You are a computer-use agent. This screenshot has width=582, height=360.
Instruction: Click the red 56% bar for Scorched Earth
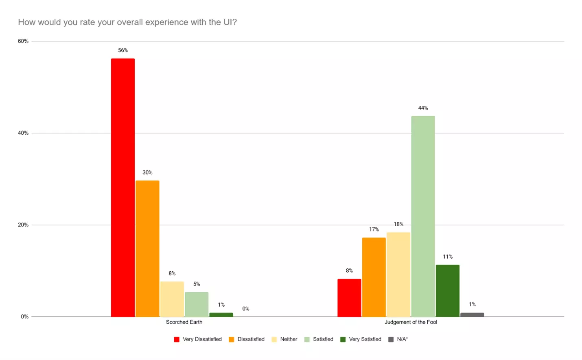coord(123,187)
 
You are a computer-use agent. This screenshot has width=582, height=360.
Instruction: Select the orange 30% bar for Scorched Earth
coord(147,248)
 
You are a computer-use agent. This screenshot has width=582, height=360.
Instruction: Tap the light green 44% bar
coord(423,216)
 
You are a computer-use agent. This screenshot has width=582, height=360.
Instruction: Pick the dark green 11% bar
coord(448,290)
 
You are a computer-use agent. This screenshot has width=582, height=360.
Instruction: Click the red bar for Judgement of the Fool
coord(349,297)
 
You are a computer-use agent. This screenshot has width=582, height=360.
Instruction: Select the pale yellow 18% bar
coord(398,274)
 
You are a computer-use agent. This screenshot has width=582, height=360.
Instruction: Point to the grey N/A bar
coord(472,314)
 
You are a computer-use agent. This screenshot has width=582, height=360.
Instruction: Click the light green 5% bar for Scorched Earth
coord(197,304)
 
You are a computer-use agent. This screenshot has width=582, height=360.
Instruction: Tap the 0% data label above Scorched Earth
coord(246,309)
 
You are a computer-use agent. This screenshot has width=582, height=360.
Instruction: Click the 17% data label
coord(374,229)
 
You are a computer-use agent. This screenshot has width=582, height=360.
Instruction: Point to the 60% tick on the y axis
coord(23,41)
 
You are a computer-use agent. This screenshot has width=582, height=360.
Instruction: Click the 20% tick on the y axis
coord(23,225)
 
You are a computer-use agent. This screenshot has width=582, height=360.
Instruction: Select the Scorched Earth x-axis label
coord(184,322)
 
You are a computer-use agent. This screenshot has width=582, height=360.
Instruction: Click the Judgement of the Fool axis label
coord(411,322)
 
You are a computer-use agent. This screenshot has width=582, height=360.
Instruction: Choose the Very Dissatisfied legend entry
coord(198,339)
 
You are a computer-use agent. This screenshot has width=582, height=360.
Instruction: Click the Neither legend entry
coord(284,339)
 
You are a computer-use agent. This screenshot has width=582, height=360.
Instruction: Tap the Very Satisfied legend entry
coord(361,339)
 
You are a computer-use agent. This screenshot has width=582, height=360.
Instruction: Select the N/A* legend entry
coord(398,339)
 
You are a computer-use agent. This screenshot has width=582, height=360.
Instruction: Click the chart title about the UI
coord(127,22)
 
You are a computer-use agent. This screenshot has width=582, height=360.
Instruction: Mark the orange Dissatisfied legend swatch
coord(232,339)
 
